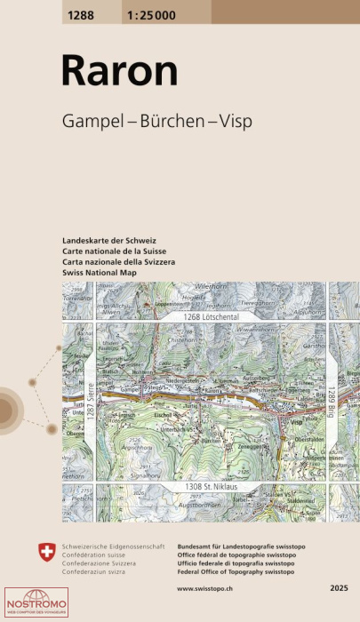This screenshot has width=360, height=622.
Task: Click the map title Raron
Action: (x=107, y=71)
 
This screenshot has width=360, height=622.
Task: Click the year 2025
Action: (x=338, y=587)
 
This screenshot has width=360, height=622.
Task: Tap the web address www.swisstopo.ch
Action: (x=193, y=587)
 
